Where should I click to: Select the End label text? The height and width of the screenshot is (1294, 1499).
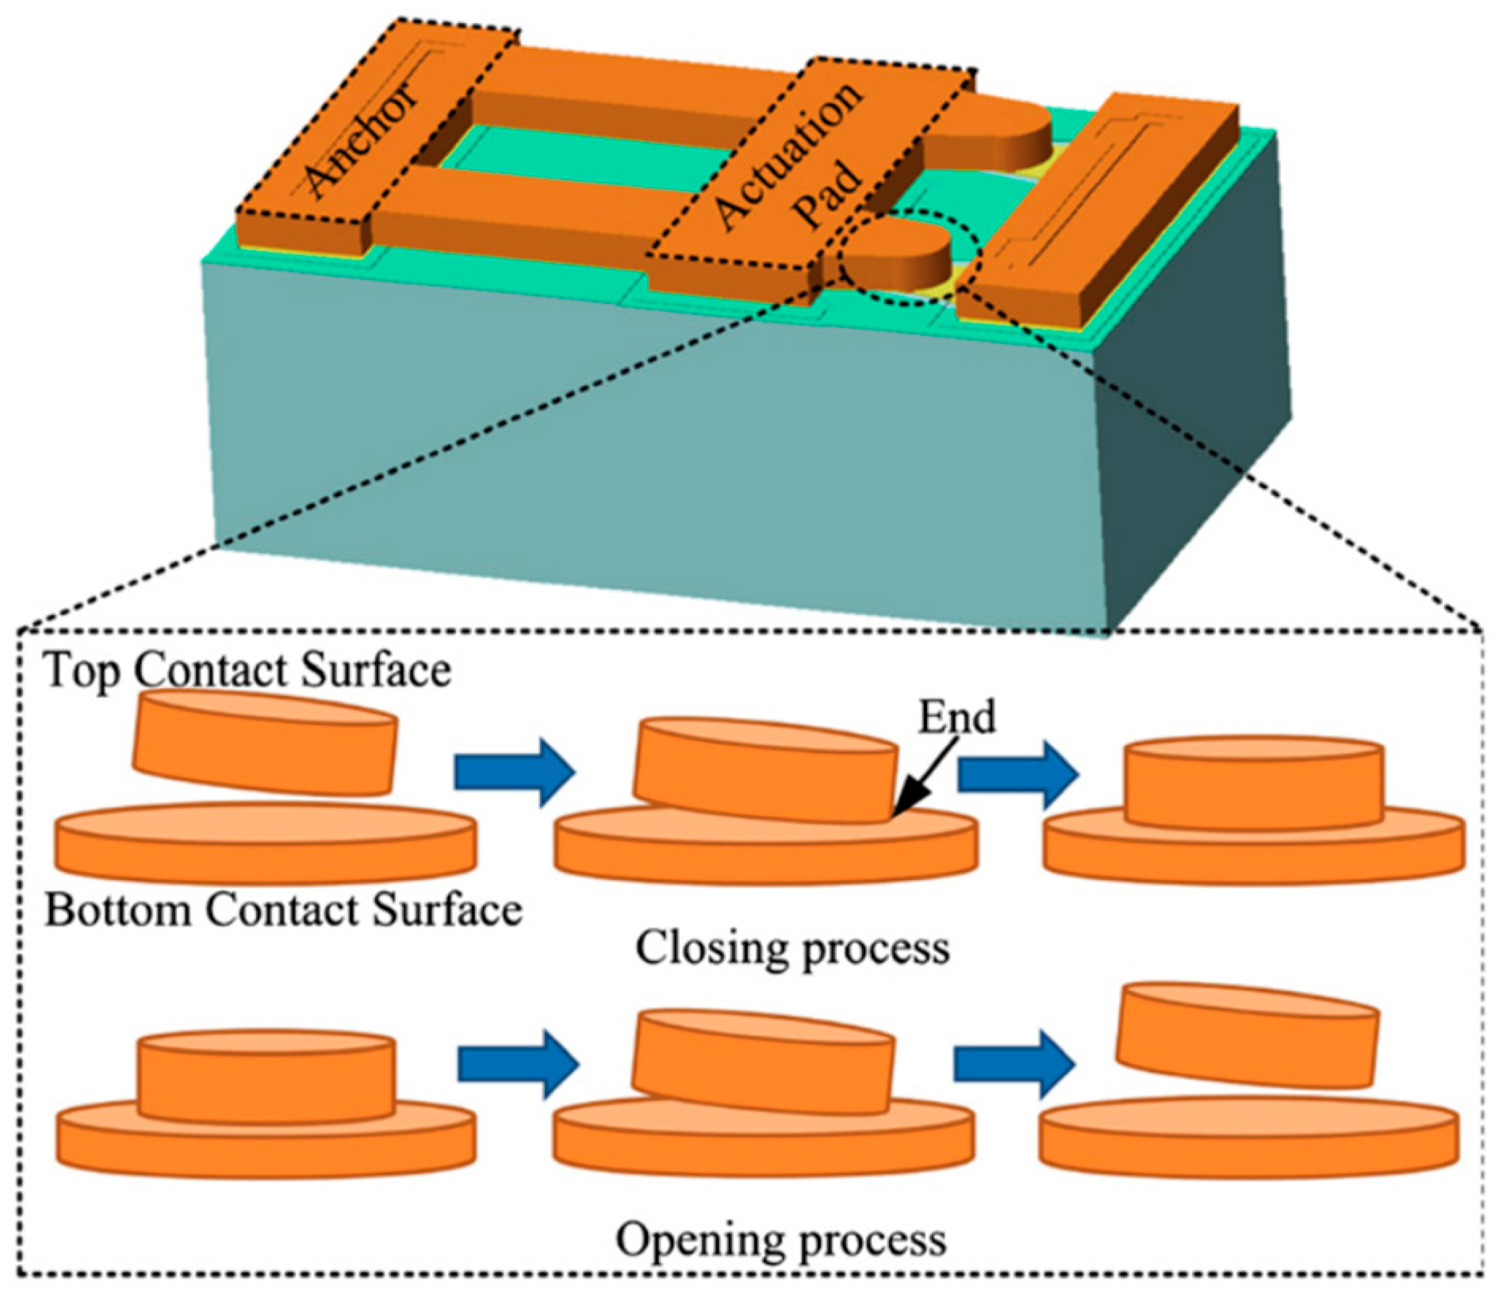coord(957,717)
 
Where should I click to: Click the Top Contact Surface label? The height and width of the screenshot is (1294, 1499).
coord(247,670)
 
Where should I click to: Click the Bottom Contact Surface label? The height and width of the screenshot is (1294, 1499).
coord(283,910)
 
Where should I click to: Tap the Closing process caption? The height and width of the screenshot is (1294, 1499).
coord(792,948)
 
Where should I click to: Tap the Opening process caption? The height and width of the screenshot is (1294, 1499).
coord(781,1239)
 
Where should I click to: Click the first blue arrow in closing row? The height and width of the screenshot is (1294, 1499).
coord(514,772)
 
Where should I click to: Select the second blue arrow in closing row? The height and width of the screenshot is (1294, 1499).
coord(1018,774)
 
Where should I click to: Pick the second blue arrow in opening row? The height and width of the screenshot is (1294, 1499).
coord(1014,1063)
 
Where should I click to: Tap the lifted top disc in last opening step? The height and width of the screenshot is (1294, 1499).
coord(1247,1038)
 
